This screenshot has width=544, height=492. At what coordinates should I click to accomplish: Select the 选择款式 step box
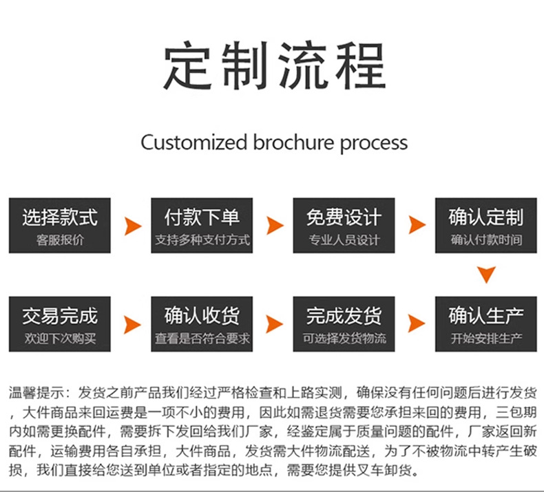click(60, 226)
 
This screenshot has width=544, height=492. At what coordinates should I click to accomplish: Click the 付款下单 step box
click(202, 226)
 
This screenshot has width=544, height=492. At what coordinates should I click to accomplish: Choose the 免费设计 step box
click(344, 226)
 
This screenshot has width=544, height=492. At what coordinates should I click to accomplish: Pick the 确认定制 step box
click(486, 226)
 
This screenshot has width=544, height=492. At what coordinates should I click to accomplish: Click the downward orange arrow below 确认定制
click(487, 275)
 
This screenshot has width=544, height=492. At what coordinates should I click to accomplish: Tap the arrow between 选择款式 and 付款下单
click(132, 226)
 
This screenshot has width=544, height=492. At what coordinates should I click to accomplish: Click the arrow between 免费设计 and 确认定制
click(417, 226)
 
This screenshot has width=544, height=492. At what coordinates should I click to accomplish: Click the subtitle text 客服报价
click(60, 241)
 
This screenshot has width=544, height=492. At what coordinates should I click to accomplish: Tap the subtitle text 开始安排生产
click(486, 339)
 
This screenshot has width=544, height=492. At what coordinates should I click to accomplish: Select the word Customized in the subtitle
click(193, 143)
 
